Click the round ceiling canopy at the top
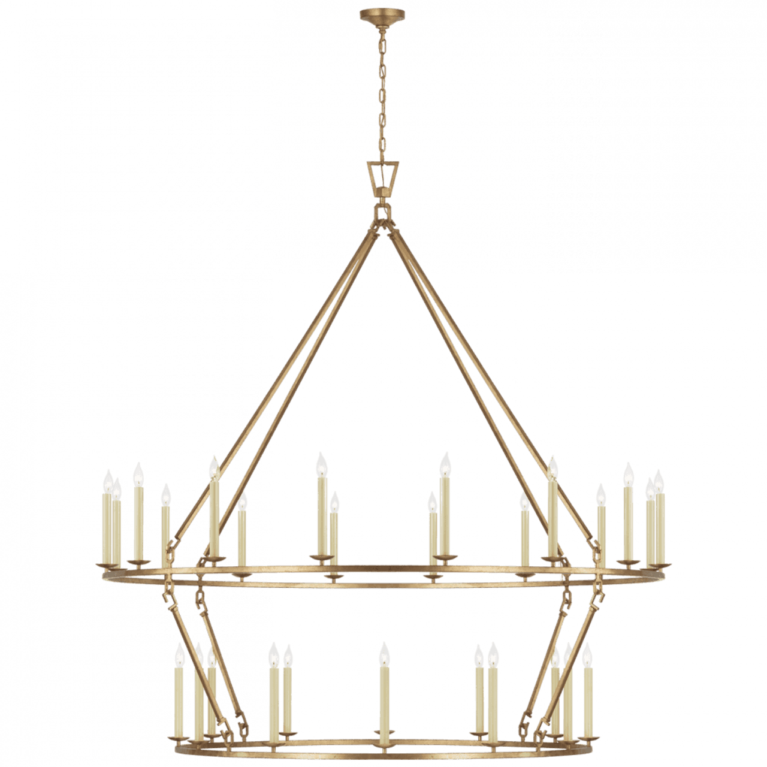[x=383, y=14]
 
